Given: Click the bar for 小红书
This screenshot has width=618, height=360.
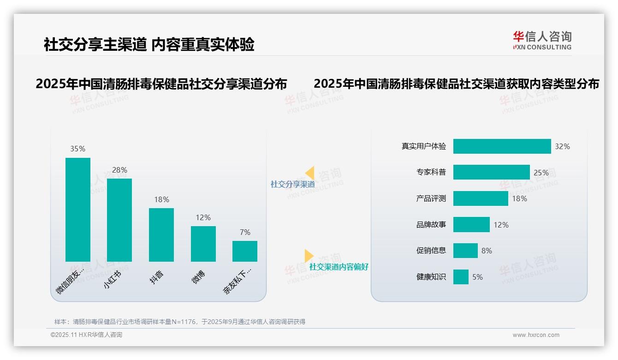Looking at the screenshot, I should (119, 220).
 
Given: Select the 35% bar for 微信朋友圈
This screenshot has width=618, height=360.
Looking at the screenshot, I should (78, 210).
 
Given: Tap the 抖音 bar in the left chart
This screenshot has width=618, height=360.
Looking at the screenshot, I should (161, 235).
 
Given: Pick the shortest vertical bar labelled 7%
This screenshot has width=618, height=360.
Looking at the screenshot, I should (245, 251).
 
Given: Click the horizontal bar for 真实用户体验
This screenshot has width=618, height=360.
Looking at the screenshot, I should (502, 146).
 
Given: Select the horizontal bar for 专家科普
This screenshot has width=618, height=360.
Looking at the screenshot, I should (491, 172).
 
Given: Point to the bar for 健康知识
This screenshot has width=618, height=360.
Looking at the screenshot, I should (461, 277).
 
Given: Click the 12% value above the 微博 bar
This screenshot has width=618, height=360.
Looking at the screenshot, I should (203, 217).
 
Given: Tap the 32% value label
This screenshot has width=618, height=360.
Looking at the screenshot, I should (562, 146).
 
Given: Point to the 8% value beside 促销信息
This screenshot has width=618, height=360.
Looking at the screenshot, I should (487, 251).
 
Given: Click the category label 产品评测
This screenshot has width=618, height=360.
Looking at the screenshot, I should (431, 198).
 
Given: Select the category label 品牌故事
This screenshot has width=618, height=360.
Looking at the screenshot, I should (431, 225).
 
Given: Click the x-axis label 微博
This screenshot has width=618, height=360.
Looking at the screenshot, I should (199, 277).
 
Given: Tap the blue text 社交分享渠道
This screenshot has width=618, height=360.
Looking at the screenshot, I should (292, 184).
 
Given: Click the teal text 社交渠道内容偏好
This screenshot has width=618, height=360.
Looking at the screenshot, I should (339, 267).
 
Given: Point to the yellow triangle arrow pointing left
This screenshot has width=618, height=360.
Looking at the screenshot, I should (310, 173).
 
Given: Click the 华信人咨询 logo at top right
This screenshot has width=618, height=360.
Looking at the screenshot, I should (542, 40).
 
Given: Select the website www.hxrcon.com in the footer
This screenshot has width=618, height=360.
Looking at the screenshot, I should (536, 335).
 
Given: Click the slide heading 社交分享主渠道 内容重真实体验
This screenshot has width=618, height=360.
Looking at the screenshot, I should (149, 44).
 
